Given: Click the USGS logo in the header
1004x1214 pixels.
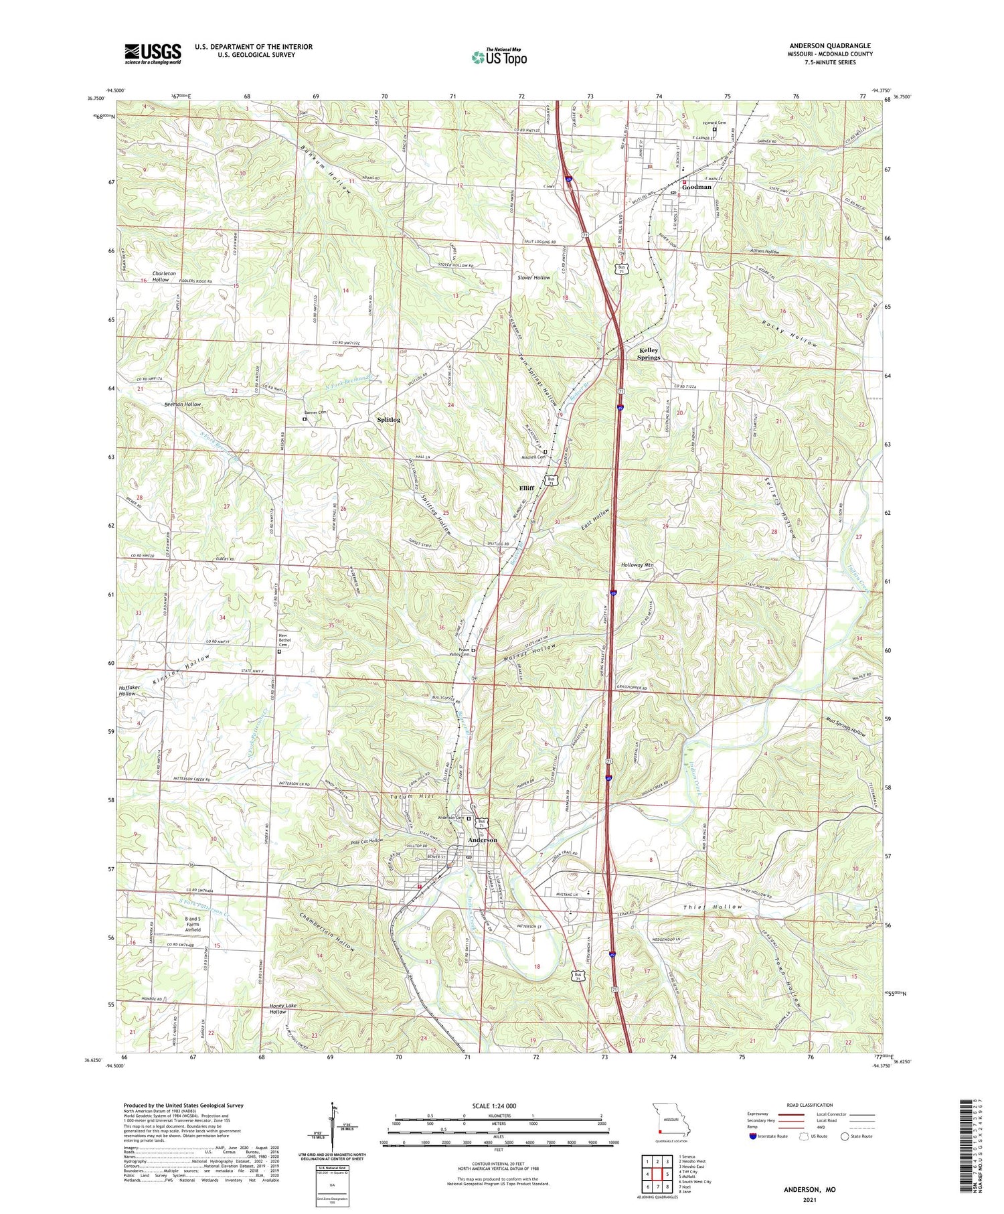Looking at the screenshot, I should point(153,54).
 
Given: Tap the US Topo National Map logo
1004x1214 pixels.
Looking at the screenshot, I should point(499,57).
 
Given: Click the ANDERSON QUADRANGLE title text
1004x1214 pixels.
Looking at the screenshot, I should point(829,46).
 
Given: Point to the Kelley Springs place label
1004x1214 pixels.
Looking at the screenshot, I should point(648,354).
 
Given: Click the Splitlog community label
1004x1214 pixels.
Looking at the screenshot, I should point(388,420).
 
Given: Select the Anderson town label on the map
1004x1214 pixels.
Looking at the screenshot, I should point(483,840).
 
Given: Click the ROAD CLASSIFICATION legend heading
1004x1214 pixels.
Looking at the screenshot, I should point(810,1105).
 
